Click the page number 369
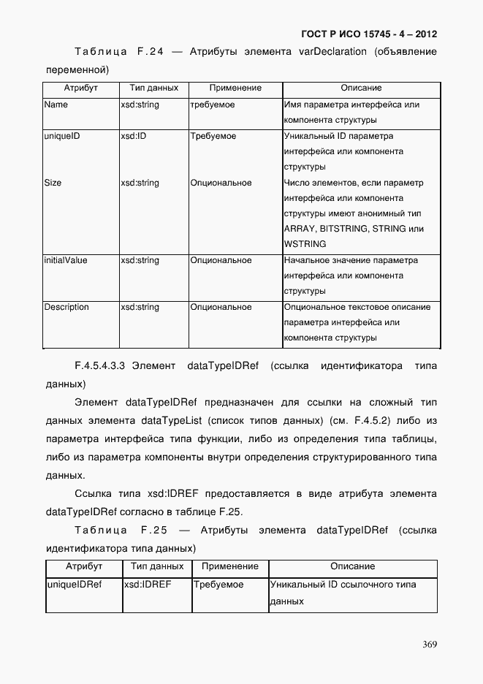(429, 645)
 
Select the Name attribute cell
(56, 104)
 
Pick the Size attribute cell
(53, 183)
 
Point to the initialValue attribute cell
(66, 260)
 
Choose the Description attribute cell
(66, 307)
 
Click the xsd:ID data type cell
(134, 136)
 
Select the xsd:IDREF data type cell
(147, 585)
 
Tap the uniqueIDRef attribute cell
(74, 585)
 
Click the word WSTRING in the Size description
(305, 244)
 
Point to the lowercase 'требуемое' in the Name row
(213, 104)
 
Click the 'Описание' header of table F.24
(361, 88)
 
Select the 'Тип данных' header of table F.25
(157, 566)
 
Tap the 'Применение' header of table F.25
(230, 566)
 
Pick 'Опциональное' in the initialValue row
(221, 260)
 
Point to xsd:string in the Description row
(140, 307)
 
